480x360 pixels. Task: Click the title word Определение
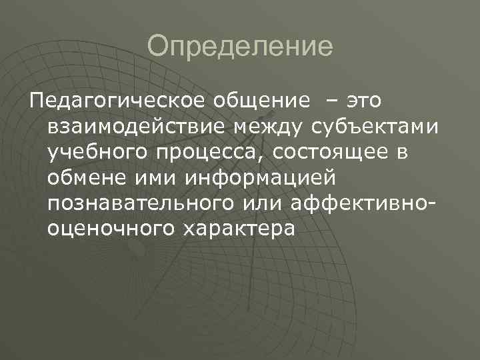[240, 47]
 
